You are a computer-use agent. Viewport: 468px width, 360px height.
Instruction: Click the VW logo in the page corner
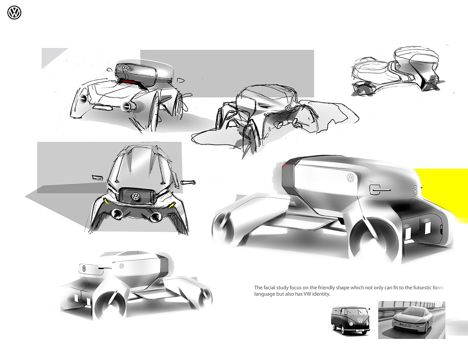point(14,13)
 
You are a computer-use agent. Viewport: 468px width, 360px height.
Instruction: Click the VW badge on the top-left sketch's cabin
point(126,68)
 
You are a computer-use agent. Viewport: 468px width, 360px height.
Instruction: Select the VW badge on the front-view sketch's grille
point(136,196)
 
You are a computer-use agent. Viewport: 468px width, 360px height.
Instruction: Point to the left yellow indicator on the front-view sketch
point(106,201)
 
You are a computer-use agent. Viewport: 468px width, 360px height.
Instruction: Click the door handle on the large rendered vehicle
point(380,190)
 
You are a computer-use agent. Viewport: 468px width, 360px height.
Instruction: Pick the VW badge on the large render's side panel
point(350,178)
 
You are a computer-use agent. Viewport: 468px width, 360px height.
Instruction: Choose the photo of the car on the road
point(412,320)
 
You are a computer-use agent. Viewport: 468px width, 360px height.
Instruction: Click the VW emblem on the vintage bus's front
point(360,320)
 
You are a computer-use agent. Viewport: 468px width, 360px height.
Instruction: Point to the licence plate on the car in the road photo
point(405,325)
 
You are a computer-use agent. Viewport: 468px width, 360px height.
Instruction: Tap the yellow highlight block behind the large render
point(445,190)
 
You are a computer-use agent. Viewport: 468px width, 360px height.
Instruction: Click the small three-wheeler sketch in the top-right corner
point(398,72)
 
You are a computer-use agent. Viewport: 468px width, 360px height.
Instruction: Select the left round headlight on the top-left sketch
point(83,98)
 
